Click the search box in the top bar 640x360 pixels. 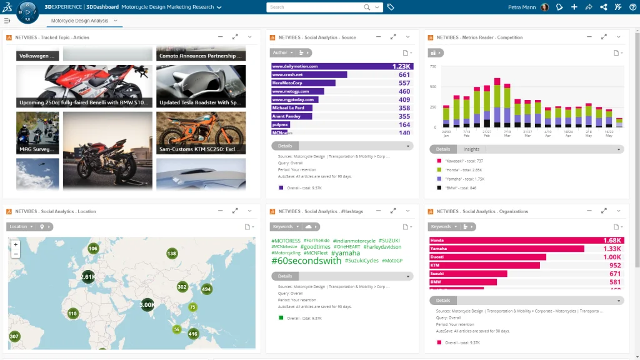[x=316, y=7]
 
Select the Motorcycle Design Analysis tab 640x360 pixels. [x=79, y=21]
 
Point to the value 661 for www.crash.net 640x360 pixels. [x=404, y=75]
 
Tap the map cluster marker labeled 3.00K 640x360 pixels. [x=147, y=305]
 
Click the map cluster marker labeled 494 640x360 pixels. [x=206, y=289]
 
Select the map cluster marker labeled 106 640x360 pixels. [x=93, y=249]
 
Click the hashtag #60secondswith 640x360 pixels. [x=306, y=261]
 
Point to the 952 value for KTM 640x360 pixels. [x=614, y=266]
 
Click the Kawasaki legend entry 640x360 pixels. [x=463, y=161]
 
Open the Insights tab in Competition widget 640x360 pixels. [x=471, y=149]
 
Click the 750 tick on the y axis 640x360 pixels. [x=432, y=66]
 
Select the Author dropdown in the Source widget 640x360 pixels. [x=282, y=52]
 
